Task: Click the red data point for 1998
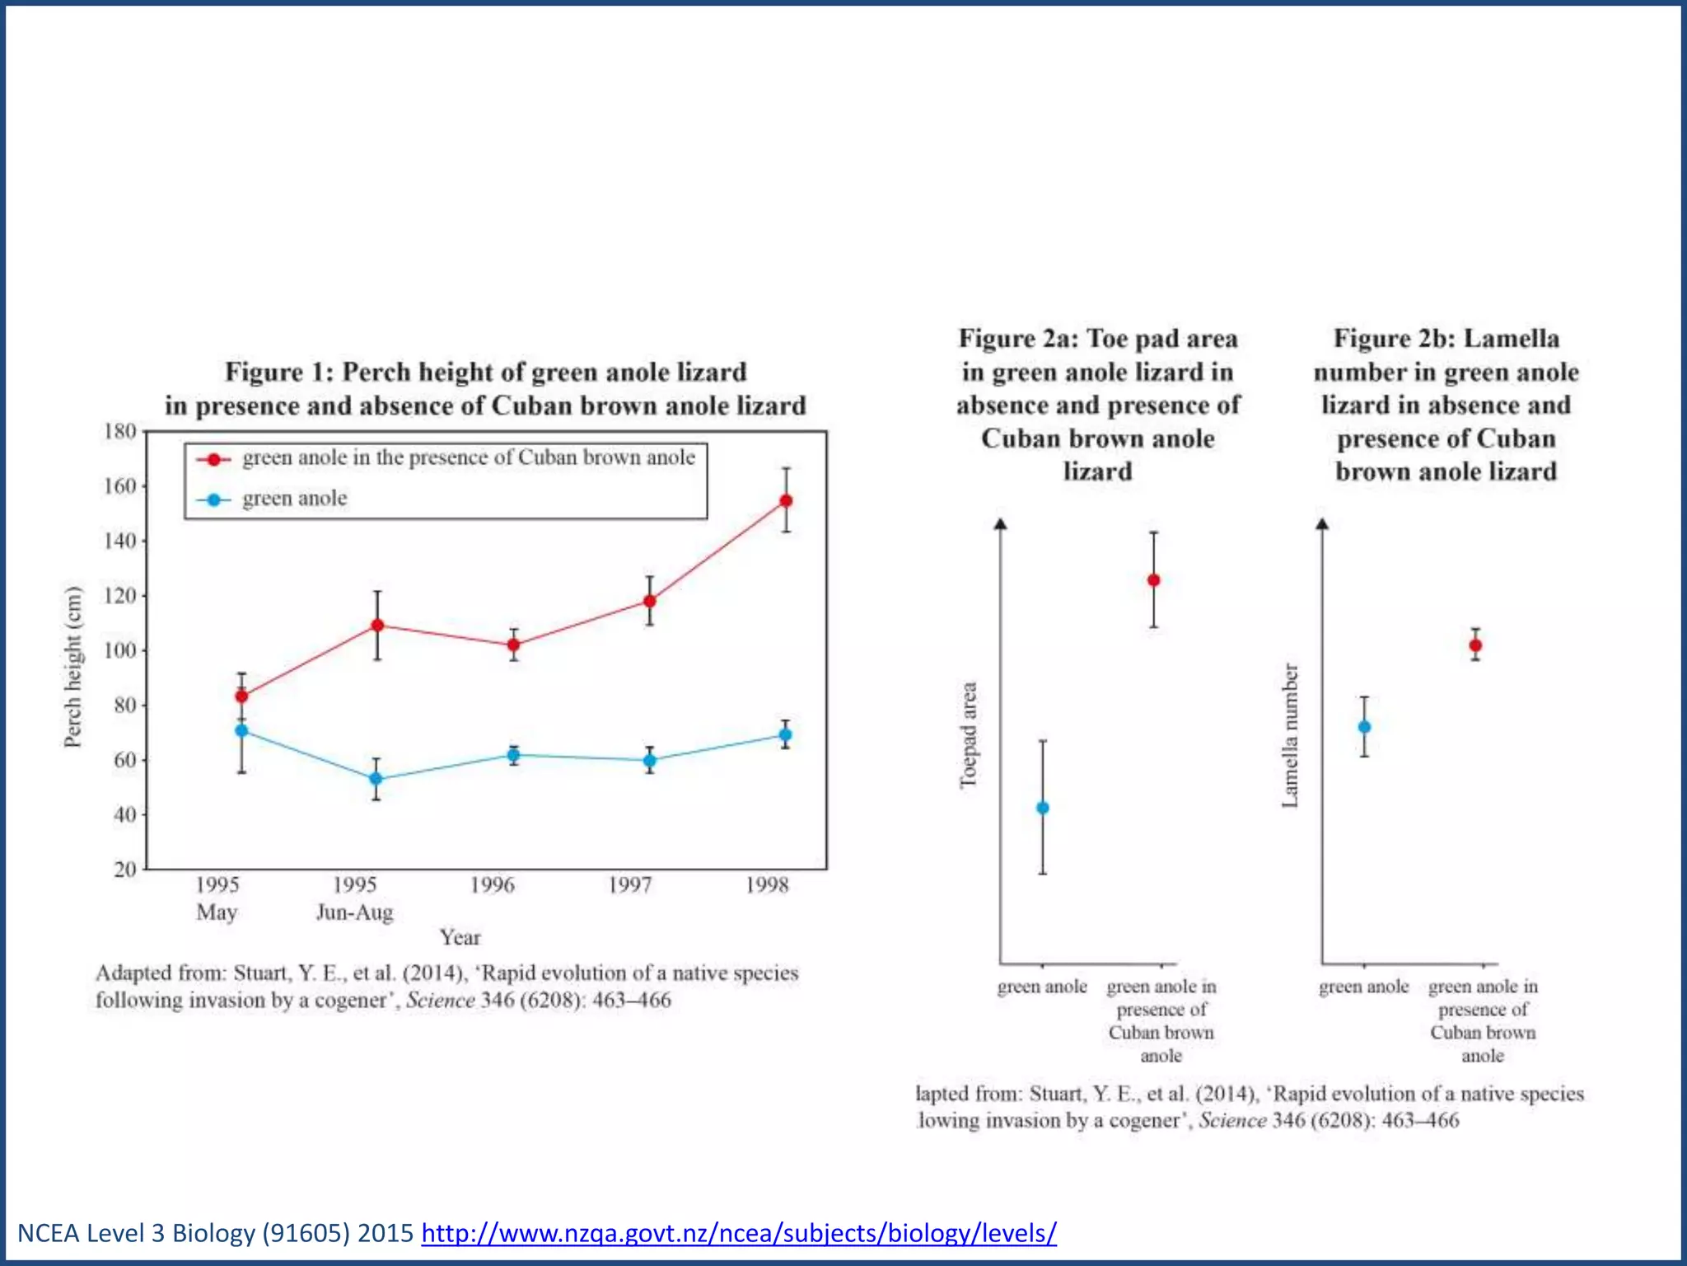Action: [x=786, y=500]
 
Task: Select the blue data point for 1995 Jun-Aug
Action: [x=376, y=779]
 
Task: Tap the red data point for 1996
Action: [x=513, y=645]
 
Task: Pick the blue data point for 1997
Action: [x=650, y=760]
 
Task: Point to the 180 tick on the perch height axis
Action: [x=120, y=431]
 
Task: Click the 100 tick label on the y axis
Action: [x=120, y=650]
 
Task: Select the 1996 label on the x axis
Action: [x=493, y=885]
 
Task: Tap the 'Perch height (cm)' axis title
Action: [x=73, y=667]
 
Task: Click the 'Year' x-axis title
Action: [x=460, y=937]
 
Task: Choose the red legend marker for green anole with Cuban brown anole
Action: [x=213, y=459]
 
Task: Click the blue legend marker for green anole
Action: [x=213, y=499]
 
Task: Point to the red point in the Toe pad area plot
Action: [x=1154, y=580]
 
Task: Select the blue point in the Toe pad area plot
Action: [x=1043, y=808]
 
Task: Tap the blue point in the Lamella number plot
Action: [x=1364, y=727]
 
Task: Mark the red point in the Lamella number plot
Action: [x=1475, y=645]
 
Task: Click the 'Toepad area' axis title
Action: [x=969, y=735]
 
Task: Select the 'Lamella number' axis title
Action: [x=1290, y=735]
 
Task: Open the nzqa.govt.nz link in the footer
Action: [x=739, y=1233]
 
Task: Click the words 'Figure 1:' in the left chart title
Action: [x=279, y=372]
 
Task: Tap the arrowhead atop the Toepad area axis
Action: [x=1001, y=523]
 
